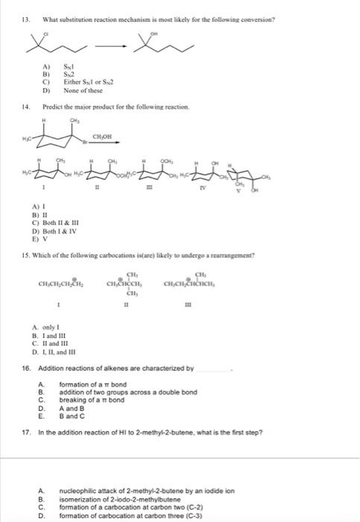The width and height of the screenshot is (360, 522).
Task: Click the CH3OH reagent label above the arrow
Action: pos(102,136)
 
